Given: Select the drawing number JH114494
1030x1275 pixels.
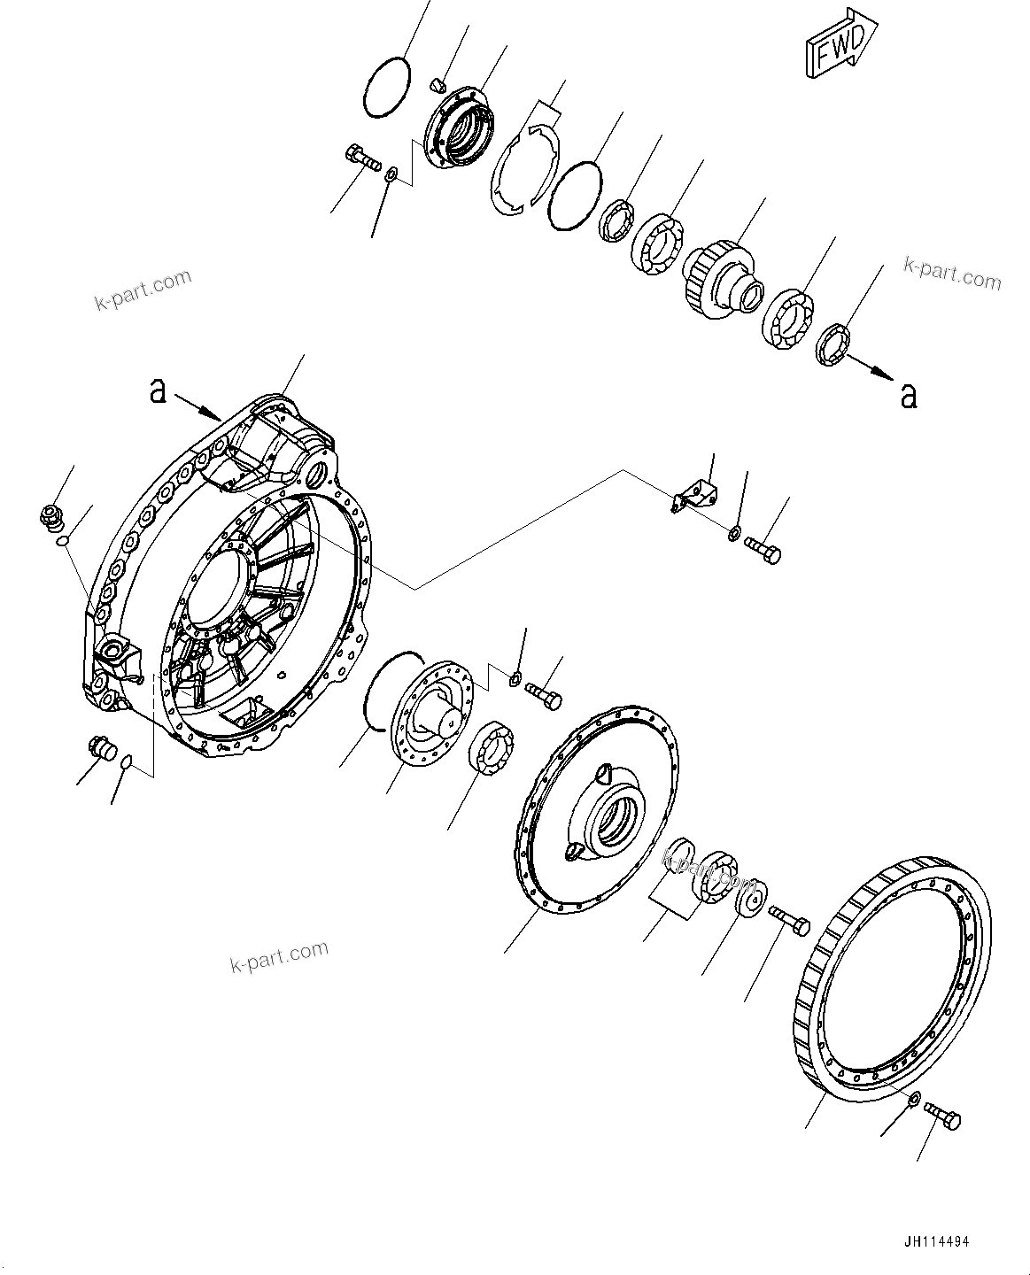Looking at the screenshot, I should click(943, 1242).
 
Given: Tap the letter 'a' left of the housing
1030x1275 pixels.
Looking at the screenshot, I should click(158, 390).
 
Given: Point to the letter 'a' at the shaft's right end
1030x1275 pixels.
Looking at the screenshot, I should click(908, 396).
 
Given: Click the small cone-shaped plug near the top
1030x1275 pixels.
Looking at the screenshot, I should click(436, 85).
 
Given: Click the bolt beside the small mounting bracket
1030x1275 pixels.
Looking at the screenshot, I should click(763, 552).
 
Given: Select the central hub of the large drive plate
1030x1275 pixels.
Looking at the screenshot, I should click(611, 816).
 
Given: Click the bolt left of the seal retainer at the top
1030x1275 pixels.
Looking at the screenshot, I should click(360, 158).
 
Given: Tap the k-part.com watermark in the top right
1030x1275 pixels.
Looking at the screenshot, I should click(952, 272).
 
